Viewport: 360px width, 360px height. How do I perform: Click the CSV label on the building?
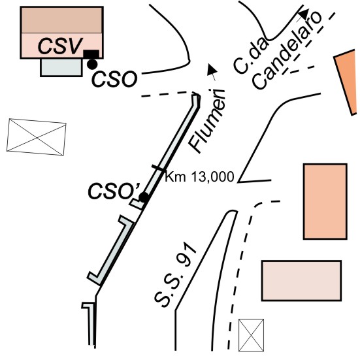(x=60, y=46)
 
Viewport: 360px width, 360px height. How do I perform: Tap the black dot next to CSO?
(x=92, y=64)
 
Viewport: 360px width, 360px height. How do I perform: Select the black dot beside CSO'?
(x=144, y=197)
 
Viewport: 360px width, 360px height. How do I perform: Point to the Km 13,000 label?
(x=199, y=177)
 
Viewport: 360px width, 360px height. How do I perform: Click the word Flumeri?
(x=206, y=121)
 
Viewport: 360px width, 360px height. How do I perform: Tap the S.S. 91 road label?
(x=175, y=275)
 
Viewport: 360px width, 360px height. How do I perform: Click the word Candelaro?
(x=287, y=50)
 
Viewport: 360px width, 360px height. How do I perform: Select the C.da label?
(x=250, y=56)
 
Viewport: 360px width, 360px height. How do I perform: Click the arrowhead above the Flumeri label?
(x=212, y=69)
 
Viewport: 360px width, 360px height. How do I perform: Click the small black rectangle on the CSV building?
(x=91, y=54)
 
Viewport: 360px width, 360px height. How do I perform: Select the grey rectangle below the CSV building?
(x=61, y=67)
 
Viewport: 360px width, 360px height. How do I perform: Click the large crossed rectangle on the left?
(x=37, y=137)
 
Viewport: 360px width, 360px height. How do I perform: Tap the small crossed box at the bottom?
(x=251, y=335)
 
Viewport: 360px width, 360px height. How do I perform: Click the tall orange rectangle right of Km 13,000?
(x=325, y=202)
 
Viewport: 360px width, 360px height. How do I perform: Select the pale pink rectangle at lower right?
(x=301, y=280)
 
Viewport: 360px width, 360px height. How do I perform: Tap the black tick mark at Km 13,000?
(x=158, y=168)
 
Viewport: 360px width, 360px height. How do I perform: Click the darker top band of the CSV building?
(x=62, y=20)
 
